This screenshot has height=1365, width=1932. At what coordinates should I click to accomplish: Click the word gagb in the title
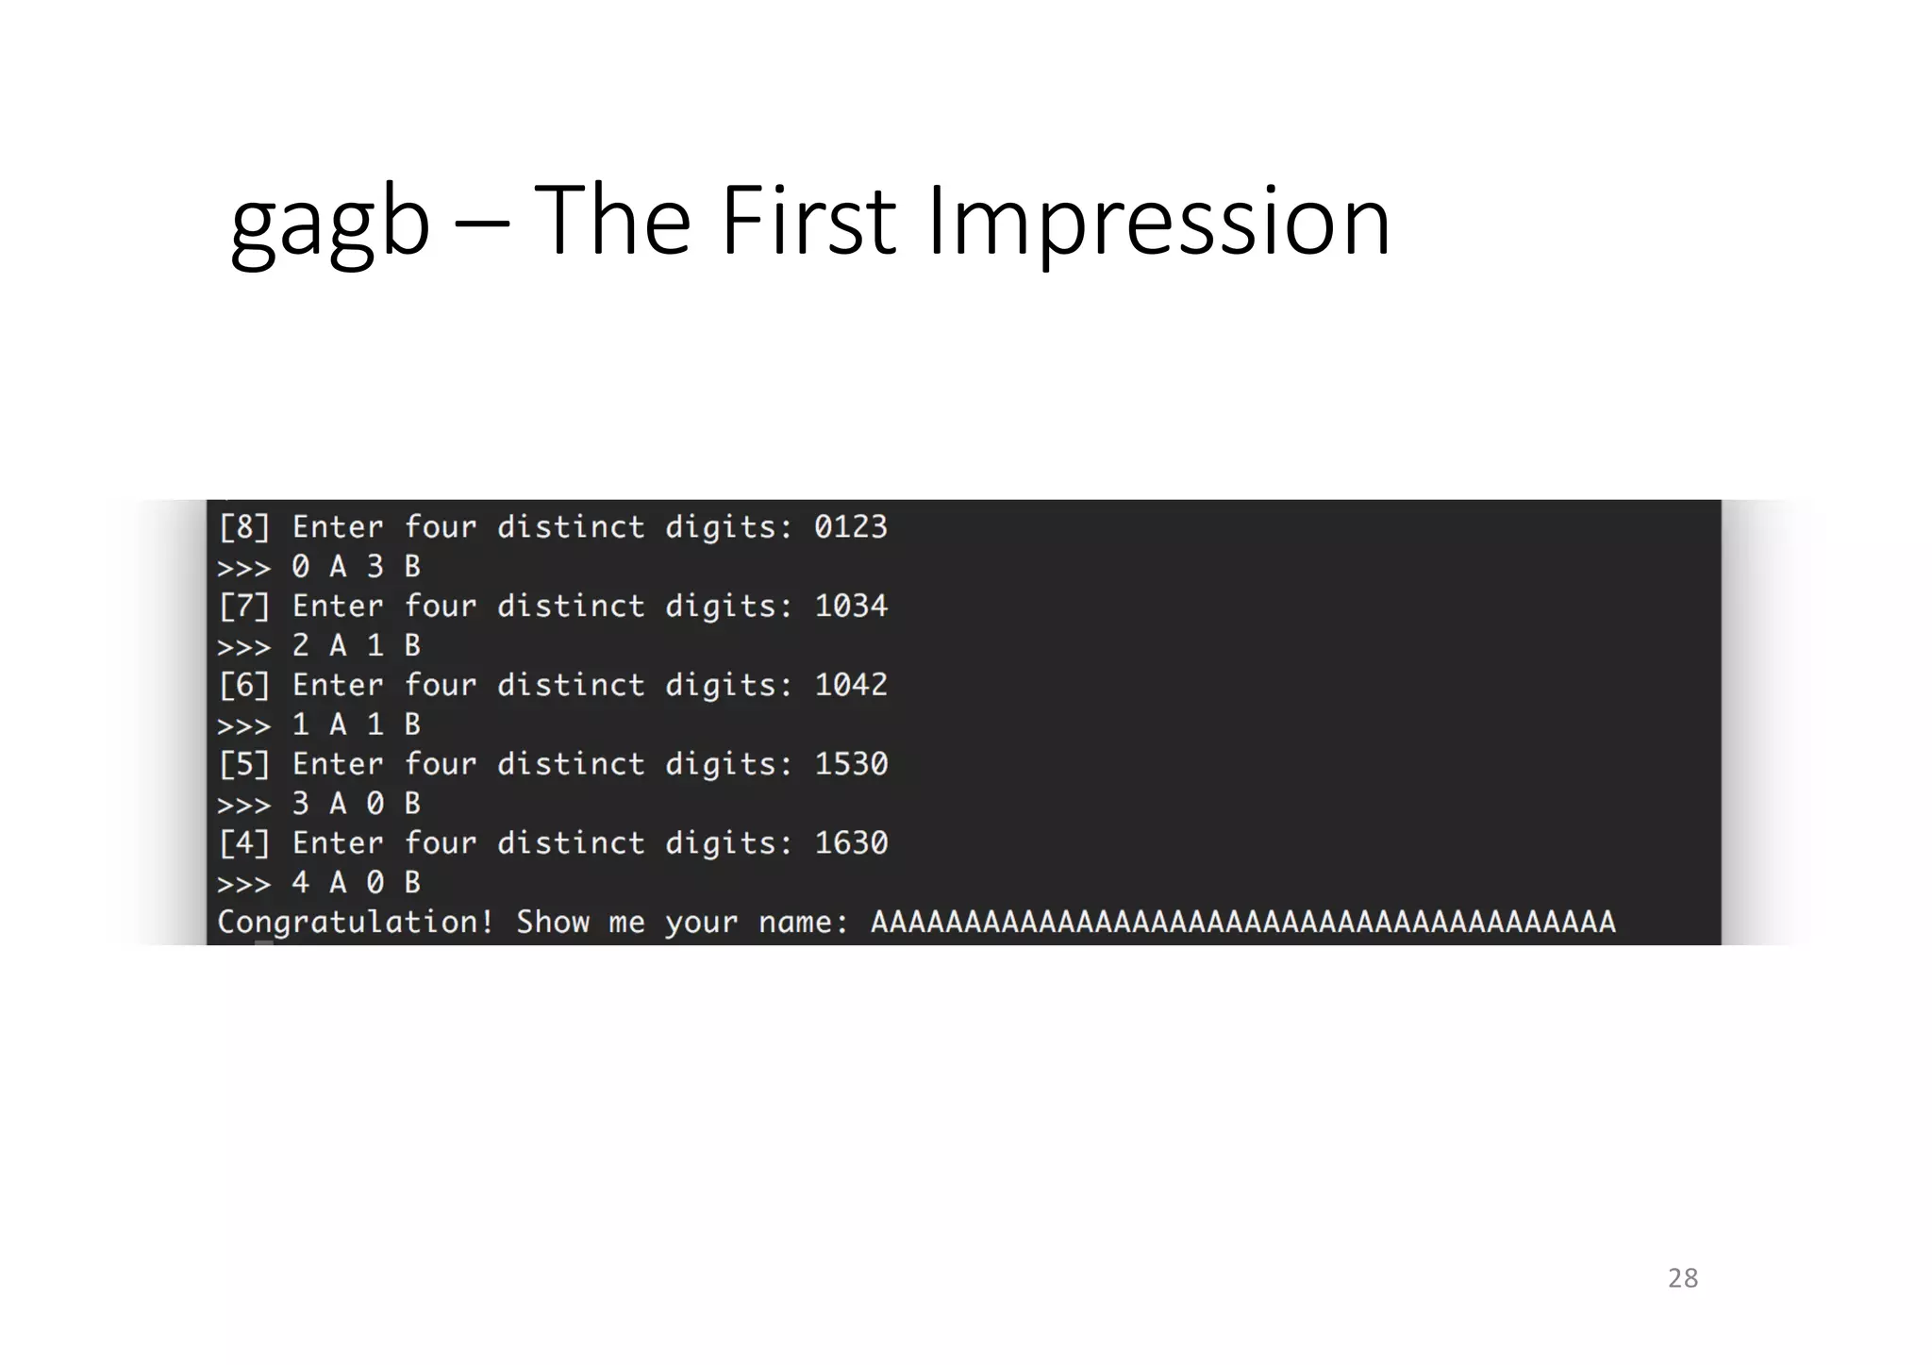329,223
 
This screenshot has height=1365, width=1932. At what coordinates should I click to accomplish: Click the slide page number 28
1683,1278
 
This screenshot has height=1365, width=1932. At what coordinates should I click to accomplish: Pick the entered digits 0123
851,526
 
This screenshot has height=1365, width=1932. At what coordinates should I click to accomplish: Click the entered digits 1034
851,606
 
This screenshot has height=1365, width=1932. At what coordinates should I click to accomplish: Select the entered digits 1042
851,685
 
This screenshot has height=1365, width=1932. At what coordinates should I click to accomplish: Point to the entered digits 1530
851,763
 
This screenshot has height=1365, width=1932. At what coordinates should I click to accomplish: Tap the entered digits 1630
851,842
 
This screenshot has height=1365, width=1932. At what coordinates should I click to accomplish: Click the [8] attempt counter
244,526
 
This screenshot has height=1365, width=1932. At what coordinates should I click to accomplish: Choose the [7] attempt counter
244,606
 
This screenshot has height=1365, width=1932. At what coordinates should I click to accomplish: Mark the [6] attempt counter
244,685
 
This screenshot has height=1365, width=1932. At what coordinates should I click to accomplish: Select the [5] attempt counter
244,763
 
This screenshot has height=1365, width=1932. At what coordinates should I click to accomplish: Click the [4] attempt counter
244,842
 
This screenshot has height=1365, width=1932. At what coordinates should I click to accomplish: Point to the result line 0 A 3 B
356,566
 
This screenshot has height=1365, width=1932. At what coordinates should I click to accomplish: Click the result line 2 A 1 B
356,645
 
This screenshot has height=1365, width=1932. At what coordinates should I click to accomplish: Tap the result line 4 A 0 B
356,882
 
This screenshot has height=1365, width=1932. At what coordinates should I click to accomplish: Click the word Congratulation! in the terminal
356,922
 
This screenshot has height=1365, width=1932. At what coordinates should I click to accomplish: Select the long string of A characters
1242,922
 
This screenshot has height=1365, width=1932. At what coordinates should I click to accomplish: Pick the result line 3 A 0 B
356,803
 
